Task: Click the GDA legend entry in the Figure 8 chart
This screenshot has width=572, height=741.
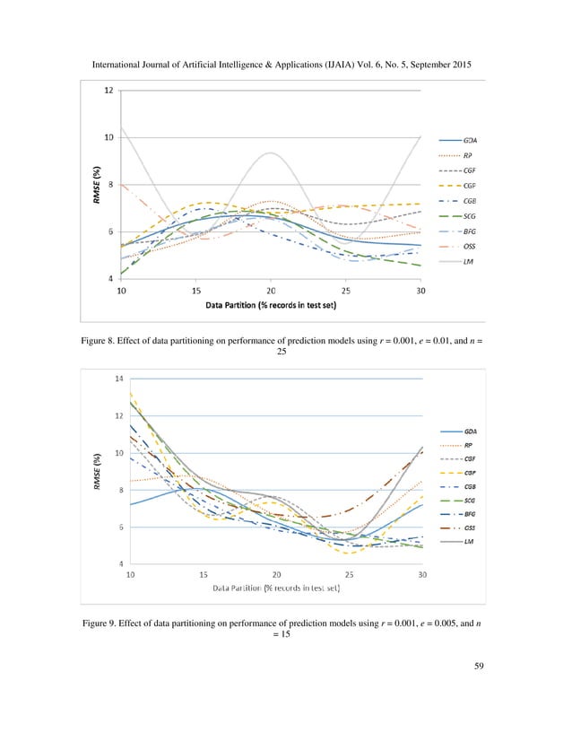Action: tap(470, 141)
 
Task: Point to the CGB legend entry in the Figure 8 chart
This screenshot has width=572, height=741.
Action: tap(470, 201)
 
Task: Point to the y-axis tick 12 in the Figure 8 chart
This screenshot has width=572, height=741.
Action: tap(108, 90)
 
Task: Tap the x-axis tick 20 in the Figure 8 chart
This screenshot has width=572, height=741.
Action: tap(270, 291)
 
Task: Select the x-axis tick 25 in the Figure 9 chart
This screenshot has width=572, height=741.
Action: tap(350, 574)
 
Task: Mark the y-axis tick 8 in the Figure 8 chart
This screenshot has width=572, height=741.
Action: tap(108, 185)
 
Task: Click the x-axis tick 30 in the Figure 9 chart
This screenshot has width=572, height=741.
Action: tap(422, 574)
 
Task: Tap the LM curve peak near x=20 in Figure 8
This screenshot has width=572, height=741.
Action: tap(270, 153)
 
